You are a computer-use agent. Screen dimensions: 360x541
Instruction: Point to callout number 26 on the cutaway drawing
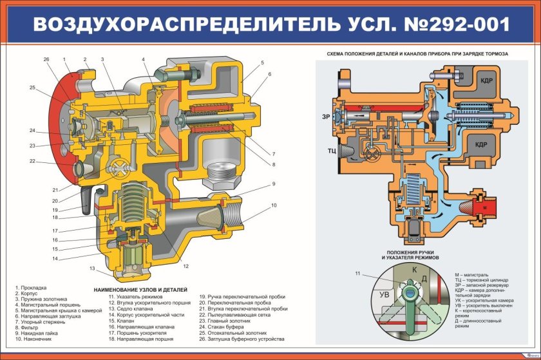(x=46, y=59)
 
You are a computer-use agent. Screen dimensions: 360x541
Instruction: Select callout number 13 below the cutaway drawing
(x=93, y=269)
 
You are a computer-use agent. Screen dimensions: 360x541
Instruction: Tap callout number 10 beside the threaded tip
(x=274, y=205)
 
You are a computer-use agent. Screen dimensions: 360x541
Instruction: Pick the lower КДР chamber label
(x=484, y=145)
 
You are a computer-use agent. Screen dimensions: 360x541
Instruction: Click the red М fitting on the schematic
(x=483, y=209)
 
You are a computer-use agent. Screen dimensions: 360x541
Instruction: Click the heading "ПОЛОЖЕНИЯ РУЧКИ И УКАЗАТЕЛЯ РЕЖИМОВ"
(x=412, y=254)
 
